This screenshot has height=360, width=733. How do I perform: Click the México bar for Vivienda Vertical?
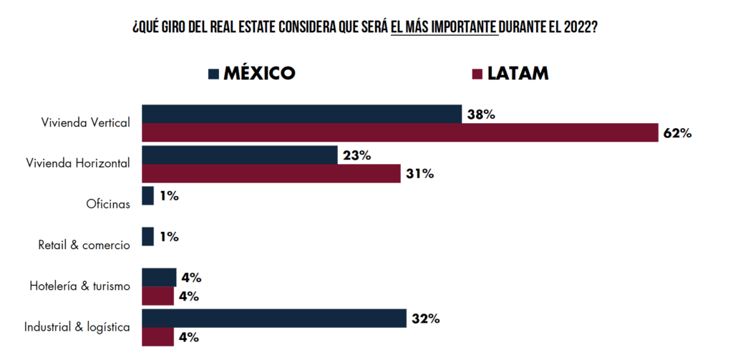301,114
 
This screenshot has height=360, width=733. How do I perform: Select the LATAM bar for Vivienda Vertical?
399,132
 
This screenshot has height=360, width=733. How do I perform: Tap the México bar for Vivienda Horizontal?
240,155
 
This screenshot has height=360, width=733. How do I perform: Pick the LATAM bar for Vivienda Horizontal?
271,174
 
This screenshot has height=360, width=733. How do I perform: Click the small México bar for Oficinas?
148,196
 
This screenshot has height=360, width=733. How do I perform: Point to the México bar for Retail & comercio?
148,237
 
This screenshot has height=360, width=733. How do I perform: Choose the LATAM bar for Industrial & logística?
158,337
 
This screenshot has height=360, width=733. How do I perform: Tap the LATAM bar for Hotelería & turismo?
158,296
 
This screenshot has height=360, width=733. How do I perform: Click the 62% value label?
676,133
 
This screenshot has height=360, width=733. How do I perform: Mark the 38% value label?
481,114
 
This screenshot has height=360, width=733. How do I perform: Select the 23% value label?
356,155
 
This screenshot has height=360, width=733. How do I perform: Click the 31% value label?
419,174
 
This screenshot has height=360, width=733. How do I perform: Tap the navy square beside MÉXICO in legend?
213,74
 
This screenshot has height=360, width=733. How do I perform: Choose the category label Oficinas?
107,204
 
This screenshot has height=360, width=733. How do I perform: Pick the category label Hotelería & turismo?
80,286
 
